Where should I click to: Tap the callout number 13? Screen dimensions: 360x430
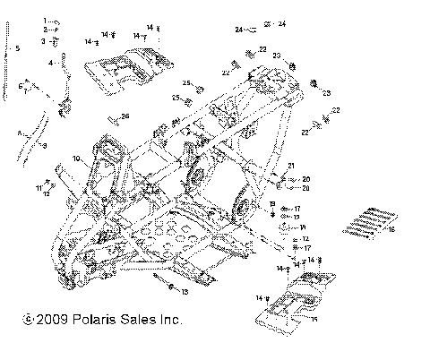pyautogui.click(x=185, y=291)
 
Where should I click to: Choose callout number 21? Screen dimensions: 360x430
pyautogui.click(x=291, y=165)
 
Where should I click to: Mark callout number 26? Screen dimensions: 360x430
pyautogui.click(x=125, y=116)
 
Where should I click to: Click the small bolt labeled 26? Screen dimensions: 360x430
pyautogui.click(x=113, y=119)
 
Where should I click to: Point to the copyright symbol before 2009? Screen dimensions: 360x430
pyautogui.click(x=28, y=320)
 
